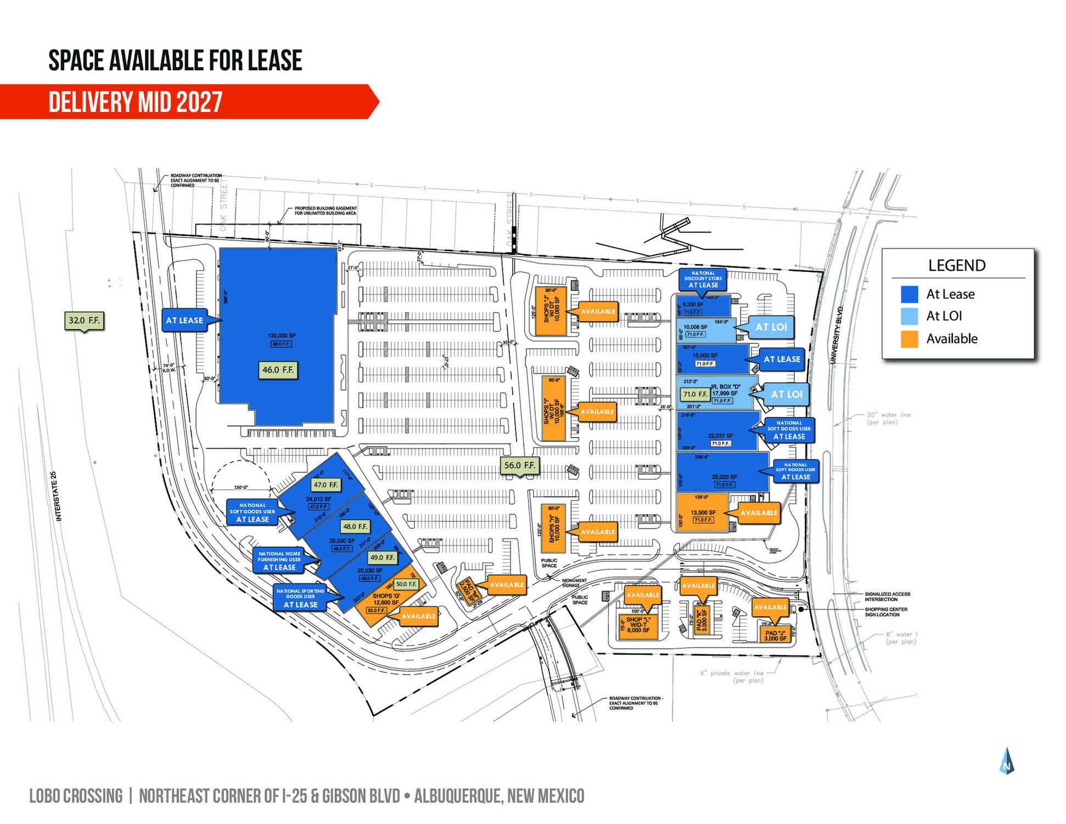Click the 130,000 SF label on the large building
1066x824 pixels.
pyautogui.click(x=282, y=336)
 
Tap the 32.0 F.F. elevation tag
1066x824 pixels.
pyautogui.click(x=84, y=320)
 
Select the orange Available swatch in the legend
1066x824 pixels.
pyautogui.click(x=909, y=339)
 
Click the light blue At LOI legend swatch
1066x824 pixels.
pyautogui.click(x=909, y=316)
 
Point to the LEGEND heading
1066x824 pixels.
pyautogui.click(x=957, y=266)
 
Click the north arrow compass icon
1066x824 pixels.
pyautogui.click(x=1007, y=761)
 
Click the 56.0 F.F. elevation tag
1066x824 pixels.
pyautogui.click(x=519, y=465)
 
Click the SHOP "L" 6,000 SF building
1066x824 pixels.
pyautogui.click(x=638, y=625)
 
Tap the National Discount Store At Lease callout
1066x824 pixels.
pyautogui.click(x=703, y=279)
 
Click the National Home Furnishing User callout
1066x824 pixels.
pyautogui.click(x=279, y=560)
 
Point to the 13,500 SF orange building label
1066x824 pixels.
pyautogui.click(x=703, y=513)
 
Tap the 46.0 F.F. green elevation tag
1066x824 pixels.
pyautogui.click(x=278, y=370)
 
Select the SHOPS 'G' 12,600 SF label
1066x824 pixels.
pyautogui.click(x=386, y=599)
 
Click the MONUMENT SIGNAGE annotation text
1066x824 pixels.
pyautogui.click(x=574, y=583)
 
